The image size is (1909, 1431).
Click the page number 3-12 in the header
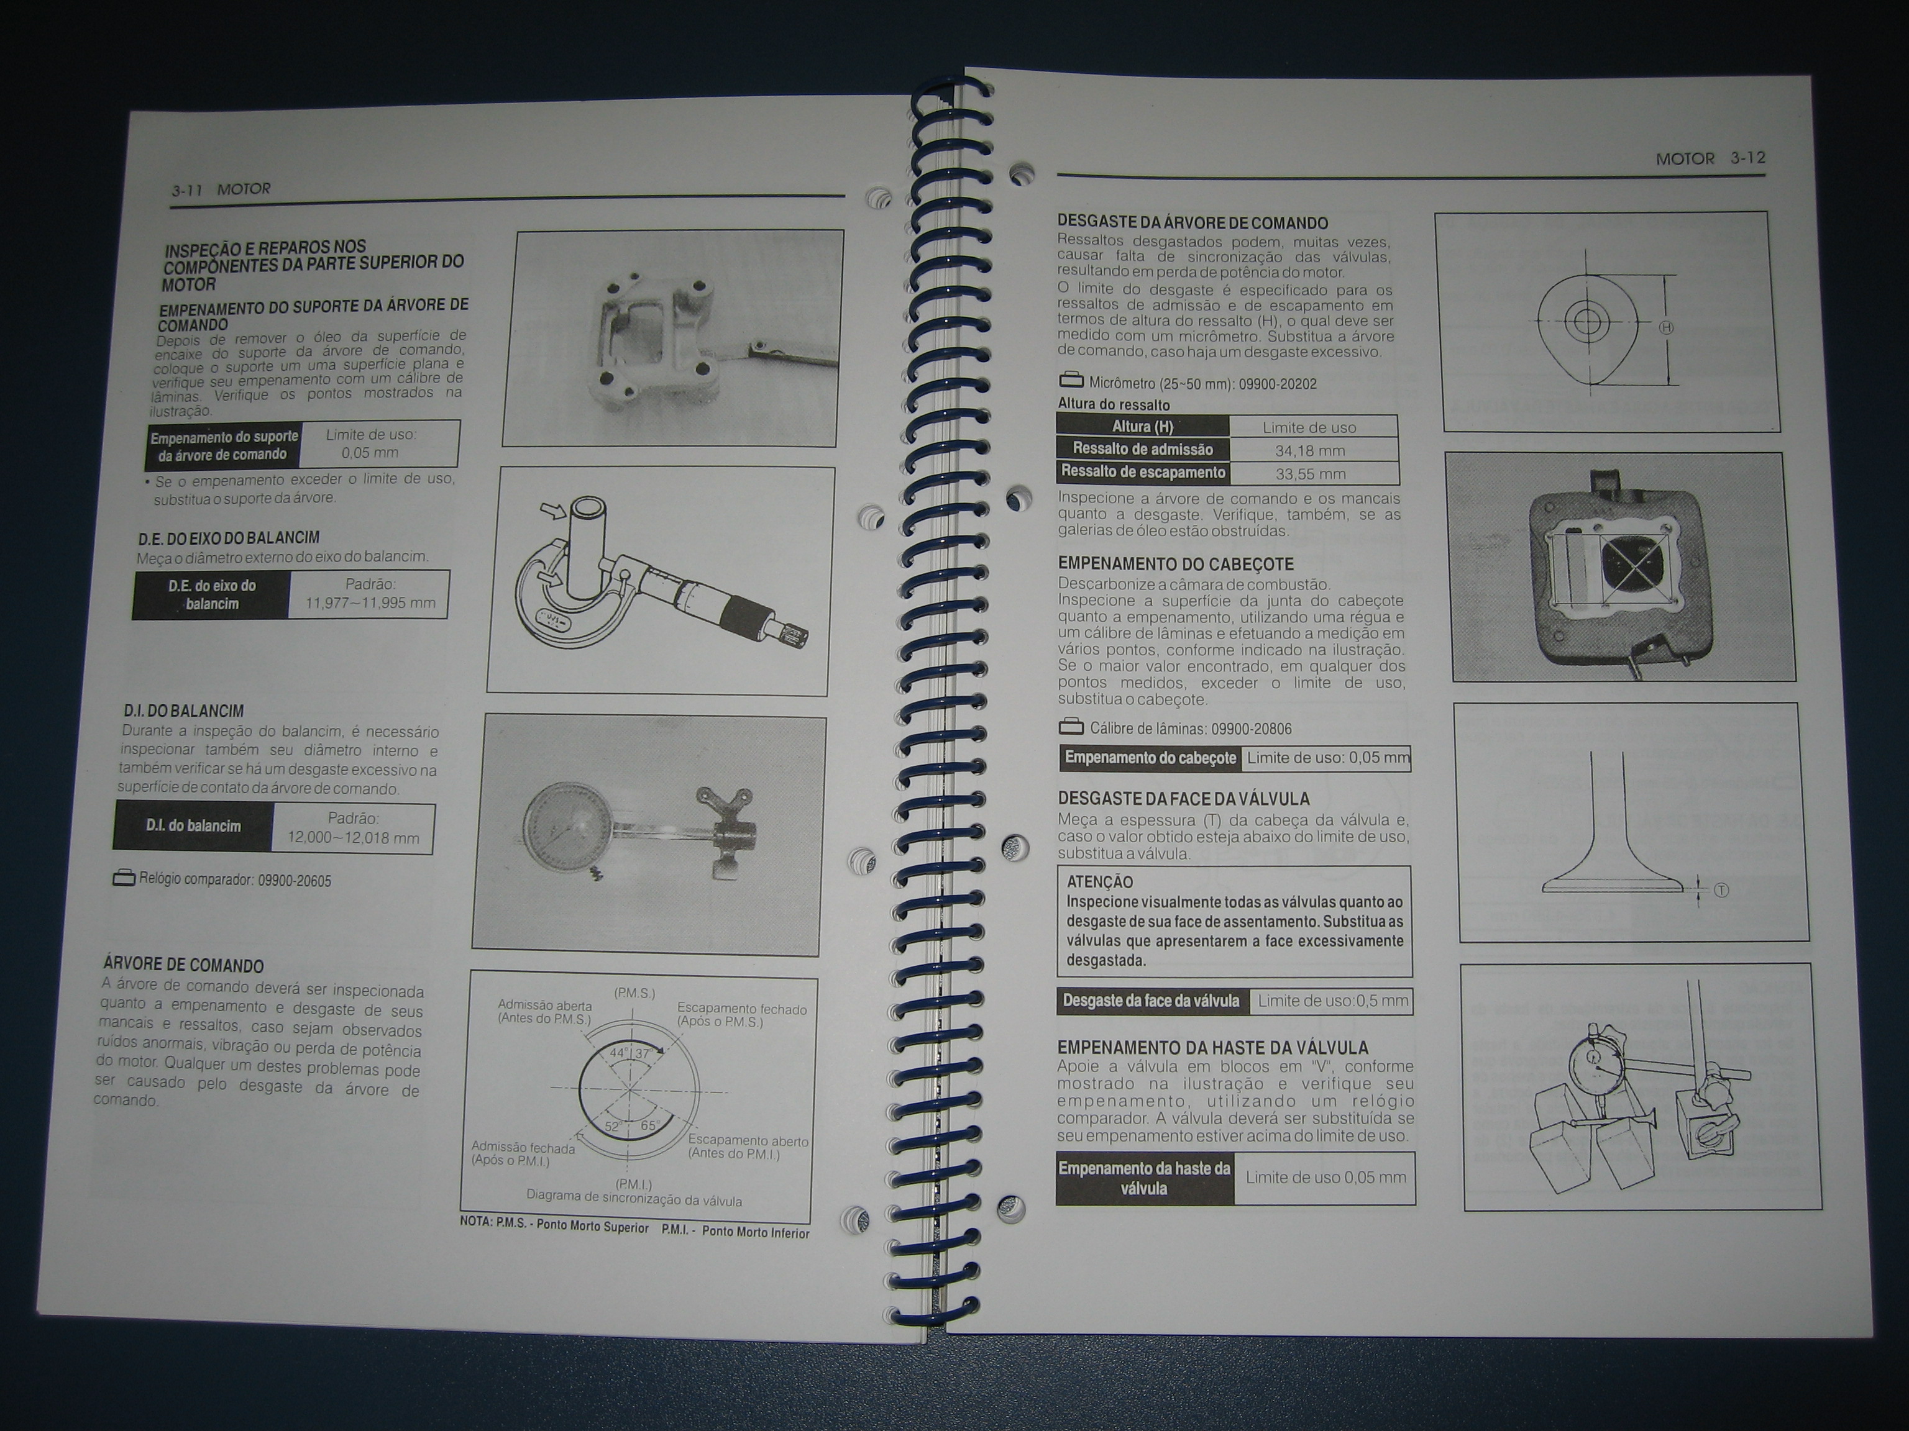(x=1747, y=158)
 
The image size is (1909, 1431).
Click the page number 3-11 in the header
(x=186, y=190)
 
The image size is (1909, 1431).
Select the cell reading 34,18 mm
(x=1309, y=450)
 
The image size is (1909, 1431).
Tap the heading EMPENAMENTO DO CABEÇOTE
(x=1176, y=564)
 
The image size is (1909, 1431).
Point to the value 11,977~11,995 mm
(x=370, y=603)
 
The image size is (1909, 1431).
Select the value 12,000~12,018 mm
(x=353, y=838)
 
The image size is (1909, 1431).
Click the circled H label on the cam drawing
(x=1667, y=328)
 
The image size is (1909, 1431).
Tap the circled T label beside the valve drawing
(x=1721, y=890)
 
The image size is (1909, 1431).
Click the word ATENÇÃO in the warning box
(x=1099, y=881)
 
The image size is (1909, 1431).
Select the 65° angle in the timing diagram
(x=649, y=1125)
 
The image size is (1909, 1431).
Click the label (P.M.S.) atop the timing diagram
(x=634, y=993)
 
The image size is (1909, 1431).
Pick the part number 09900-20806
(x=1252, y=729)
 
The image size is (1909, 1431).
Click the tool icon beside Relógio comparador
(x=124, y=878)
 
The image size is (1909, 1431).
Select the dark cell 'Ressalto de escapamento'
(x=1143, y=472)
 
